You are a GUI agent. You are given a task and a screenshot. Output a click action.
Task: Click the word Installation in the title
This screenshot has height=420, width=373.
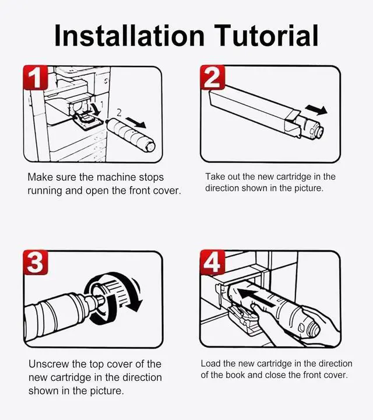[129, 36]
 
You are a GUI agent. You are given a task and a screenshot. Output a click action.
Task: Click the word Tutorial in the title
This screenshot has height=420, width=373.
[266, 36]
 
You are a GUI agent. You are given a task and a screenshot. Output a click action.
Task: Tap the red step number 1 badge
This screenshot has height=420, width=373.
[36, 78]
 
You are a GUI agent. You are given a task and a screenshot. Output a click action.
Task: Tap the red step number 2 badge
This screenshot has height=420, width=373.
[213, 78]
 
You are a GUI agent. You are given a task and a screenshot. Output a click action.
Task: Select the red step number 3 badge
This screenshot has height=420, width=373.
[36, 262]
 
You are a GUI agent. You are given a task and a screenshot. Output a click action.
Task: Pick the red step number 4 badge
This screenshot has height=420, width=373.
[213, 262]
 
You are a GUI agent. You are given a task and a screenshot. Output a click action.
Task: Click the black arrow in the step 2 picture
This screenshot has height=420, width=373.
[316, 110]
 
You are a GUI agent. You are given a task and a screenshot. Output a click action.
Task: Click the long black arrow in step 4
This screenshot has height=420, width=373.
[256, 297]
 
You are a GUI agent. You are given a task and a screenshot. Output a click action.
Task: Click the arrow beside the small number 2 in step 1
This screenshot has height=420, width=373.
[136, 123]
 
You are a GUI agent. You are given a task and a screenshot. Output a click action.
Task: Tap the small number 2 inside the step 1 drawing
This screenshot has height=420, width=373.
[119, 113]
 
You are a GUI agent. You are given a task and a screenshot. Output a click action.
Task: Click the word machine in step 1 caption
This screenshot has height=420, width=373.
[116, 177]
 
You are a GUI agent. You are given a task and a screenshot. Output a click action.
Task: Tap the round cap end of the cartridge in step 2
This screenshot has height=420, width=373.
[319, 132]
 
